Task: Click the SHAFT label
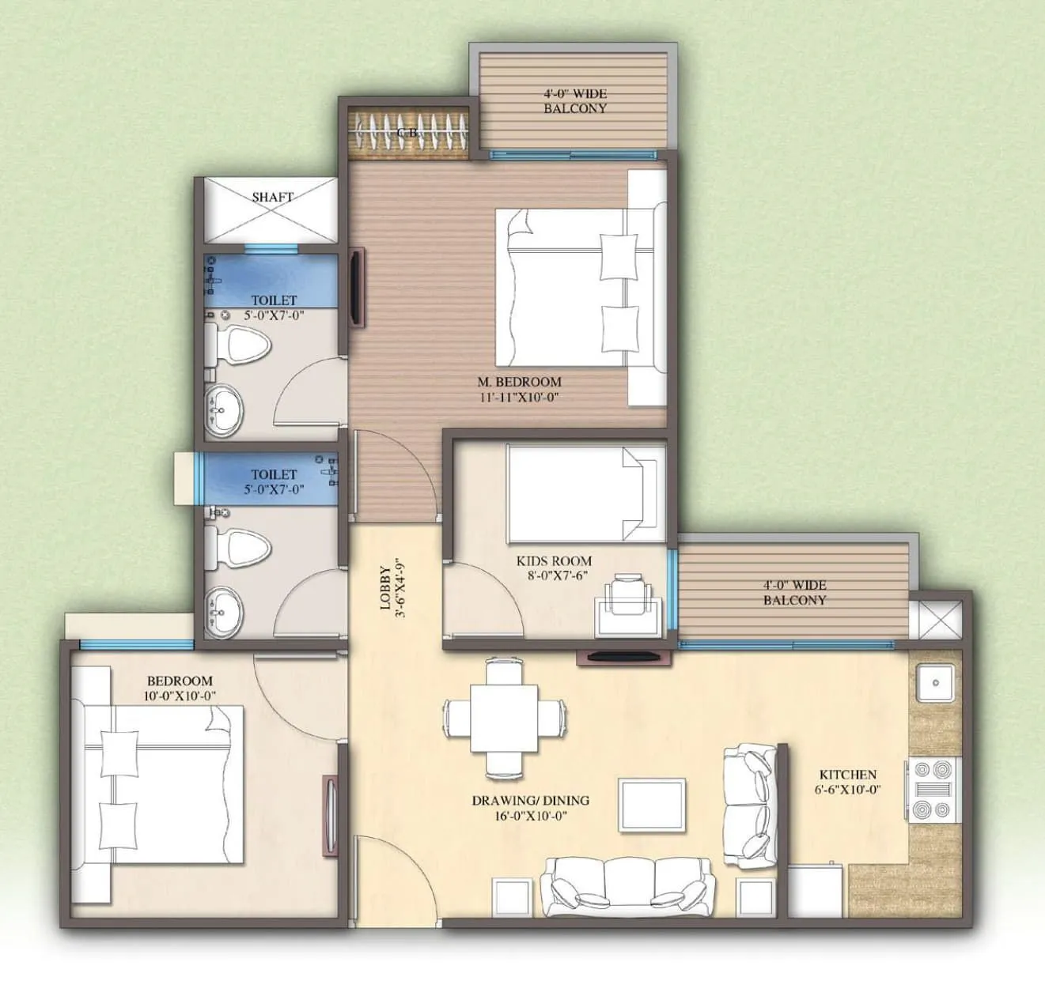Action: point(272,197)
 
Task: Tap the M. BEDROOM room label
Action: point(519,382)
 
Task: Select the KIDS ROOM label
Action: point(554,560)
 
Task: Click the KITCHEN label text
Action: point(847,775)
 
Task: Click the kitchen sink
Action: point(934,683)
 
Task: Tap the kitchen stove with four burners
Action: point(932,788)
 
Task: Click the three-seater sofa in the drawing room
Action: point(628,882)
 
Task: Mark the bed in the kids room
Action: point(584,492)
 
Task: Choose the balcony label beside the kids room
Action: point(794,592)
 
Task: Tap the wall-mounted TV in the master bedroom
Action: point(357,289)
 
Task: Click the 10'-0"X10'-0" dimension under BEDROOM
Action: point(181,696)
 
